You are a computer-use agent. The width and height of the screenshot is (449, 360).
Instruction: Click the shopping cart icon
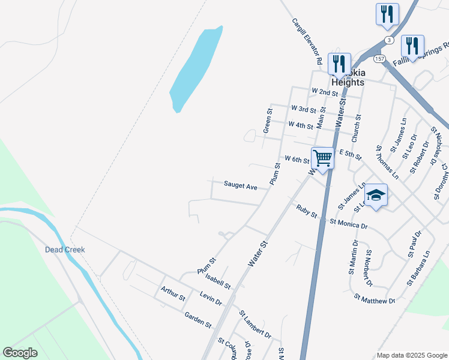click(323, 158)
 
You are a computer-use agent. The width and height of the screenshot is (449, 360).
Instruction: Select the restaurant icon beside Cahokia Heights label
click(340, 64)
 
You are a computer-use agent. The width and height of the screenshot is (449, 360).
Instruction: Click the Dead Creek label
click(65, 250)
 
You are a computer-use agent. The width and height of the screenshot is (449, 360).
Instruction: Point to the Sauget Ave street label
click(240, 186)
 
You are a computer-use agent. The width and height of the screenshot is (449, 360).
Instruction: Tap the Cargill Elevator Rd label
click(307, 41)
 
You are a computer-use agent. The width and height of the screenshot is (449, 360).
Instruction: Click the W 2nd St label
click(325, 92)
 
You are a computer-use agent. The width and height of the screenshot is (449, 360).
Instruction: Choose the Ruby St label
click(306, 211)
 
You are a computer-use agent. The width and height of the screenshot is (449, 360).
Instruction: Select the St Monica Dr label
click(348, 223)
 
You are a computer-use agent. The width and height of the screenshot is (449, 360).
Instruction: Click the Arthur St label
click(173, 294)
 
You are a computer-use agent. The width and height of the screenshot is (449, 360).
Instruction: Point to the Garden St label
click(198, 320)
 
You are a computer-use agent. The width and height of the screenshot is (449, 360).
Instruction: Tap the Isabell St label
click(217, 279)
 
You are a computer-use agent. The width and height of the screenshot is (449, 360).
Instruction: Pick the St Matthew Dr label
click(375, 298)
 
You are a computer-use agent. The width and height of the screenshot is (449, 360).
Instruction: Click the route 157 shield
click(379, 58)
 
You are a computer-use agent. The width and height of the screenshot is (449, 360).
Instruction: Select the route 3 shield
click(390, 40)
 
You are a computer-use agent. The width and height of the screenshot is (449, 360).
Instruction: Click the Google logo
click(20, 353)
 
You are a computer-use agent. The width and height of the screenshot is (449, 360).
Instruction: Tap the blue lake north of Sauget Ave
click(196, 69)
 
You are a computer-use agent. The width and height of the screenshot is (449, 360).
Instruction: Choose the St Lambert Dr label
click(255, 324)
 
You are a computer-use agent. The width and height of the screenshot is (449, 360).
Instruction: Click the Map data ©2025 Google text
click(411, 355)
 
